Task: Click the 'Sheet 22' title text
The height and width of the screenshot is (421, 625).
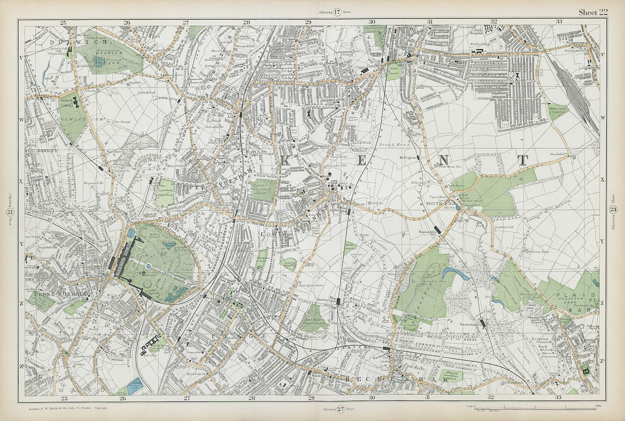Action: [593, 12]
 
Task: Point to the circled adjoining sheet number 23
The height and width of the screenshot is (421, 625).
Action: [613, 210]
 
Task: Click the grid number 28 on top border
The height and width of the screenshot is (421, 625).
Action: [246, 22]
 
